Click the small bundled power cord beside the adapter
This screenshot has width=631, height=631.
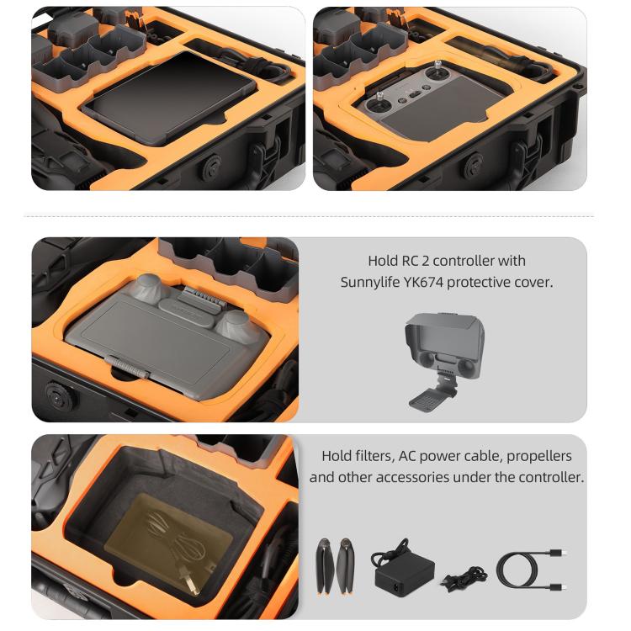pyautogui.click(x=458, y=578)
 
